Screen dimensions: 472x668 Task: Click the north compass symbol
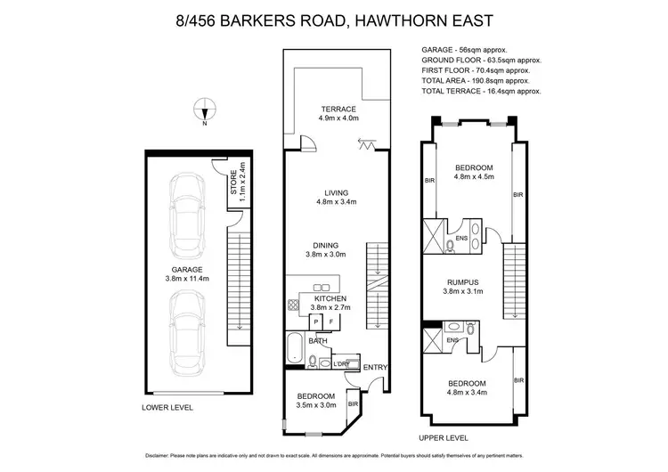coord(204,111)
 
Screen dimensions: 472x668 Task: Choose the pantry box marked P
coord(314,322)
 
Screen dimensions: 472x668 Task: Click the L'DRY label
coord(340,363)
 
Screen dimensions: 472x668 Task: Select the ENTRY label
coord(375,367)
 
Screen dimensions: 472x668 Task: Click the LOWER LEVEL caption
coord(167,407)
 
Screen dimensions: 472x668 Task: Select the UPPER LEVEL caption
coord(444,438)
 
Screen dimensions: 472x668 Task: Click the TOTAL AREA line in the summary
coord(480,80)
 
